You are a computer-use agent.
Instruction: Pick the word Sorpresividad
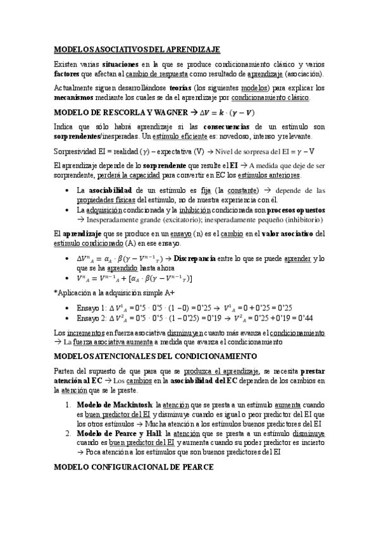(x=79, y=151)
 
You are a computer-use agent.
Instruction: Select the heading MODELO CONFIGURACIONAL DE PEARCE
(x=133, y=466)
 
